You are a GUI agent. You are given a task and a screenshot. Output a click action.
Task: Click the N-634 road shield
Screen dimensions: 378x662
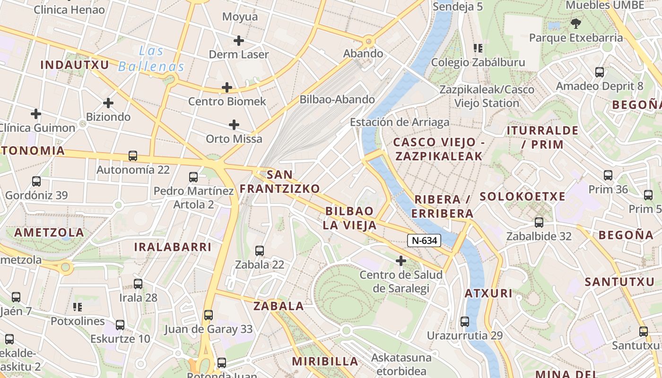coord(424,241)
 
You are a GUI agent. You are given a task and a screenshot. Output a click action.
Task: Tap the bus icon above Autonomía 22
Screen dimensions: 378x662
coord(133,156)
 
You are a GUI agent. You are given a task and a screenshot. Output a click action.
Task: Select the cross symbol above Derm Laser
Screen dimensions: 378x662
coord(239,41)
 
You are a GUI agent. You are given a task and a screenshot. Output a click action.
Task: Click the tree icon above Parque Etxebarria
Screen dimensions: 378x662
coord(576,24)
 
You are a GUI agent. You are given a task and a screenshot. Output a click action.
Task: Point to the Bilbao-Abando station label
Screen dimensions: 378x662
coord(337,100)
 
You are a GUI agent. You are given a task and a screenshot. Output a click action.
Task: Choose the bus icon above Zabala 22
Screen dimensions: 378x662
coord(260,251)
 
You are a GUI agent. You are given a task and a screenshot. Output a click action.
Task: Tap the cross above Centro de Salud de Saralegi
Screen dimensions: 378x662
coord(401,261)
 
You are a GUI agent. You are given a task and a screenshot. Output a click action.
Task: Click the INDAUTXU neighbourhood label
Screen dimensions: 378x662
coord(75,65)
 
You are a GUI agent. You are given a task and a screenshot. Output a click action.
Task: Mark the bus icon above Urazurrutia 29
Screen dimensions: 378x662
coord(465,322)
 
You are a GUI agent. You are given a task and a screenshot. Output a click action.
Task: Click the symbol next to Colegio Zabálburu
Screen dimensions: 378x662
coord(478,48)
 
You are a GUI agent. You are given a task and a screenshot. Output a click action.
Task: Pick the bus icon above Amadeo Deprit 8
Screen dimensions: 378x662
coord(600,72)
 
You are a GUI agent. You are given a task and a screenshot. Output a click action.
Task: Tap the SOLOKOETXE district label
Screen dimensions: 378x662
coord(523,197)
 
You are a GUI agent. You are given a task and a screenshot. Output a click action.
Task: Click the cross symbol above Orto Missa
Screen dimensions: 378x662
coord(234,125)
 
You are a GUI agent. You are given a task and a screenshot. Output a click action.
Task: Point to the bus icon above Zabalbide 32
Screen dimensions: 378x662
coord(539,223)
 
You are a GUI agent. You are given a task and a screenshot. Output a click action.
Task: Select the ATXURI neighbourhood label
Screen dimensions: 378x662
coord(488,293)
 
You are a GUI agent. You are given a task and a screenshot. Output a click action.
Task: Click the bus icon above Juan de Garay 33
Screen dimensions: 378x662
coord(209,315)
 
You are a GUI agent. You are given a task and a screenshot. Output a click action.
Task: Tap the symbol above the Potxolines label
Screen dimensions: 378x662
coord(78,308)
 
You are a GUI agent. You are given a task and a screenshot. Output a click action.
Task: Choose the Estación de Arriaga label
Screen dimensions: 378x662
coord(400,122)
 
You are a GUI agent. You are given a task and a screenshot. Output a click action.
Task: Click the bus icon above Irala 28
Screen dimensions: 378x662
coord(138,284)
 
